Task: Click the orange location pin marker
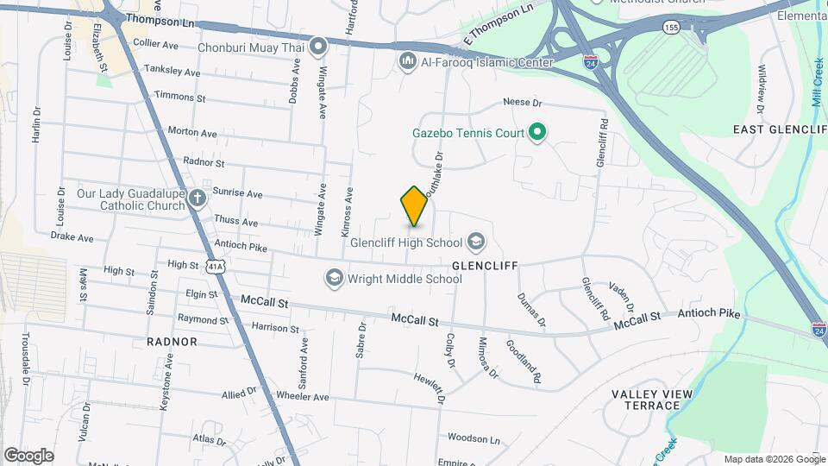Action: [414, 205]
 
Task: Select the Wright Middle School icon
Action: [334, 278]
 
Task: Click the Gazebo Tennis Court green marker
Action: [538, 133]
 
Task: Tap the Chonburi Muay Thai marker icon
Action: [319, 46]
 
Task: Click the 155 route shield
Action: [670, 28]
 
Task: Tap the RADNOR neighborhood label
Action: [172, 342]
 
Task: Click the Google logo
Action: [29, 456]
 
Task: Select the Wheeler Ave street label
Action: [303, 397]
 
